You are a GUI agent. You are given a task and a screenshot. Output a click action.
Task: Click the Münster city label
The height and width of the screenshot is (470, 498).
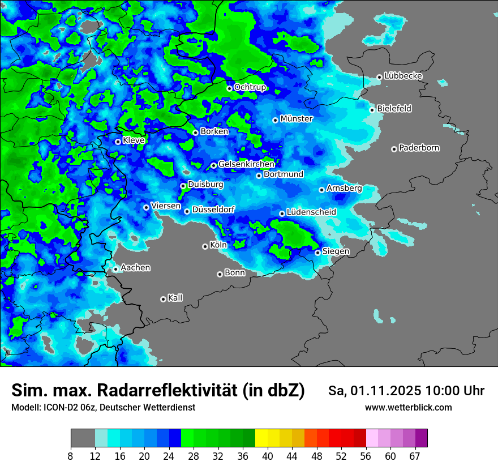click(297, 119)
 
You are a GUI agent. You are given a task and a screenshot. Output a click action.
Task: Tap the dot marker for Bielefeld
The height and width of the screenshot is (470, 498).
click(372, 110)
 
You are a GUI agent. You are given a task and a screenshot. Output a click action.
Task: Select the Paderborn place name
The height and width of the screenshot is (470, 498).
click(419, 148)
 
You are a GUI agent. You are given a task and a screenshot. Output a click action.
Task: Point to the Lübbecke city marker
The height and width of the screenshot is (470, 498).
click(379, 77)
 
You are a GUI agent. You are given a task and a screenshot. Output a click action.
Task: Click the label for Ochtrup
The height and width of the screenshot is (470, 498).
click(250, 87)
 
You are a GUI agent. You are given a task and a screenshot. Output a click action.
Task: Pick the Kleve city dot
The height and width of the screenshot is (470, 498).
click(118, 142)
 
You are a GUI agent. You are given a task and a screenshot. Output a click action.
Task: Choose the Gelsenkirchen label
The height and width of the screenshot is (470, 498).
click(246, 164)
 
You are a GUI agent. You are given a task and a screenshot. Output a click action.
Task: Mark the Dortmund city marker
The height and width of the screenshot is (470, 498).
click(259, 176)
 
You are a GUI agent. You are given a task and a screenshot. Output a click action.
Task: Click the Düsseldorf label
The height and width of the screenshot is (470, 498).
click(213, 210)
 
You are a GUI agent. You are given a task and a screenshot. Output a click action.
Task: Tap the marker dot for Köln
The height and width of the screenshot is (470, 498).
click(205, 246)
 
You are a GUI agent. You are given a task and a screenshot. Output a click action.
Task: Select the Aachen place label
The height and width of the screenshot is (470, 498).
click(135, 267)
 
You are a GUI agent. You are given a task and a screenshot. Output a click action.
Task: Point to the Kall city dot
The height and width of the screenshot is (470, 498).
click(163, 299)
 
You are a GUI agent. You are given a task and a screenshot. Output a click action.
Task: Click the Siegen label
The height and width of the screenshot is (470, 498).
click(336, 251)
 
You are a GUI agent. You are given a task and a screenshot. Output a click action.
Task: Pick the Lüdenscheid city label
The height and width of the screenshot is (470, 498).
click(311, 212)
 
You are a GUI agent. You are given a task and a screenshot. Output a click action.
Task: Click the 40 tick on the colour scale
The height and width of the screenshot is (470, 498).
click(268, 456)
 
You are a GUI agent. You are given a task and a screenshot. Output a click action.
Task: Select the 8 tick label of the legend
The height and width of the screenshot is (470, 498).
click(70, 456)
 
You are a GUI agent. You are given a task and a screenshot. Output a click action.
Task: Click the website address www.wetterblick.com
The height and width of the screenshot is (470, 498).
click(408, 407)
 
